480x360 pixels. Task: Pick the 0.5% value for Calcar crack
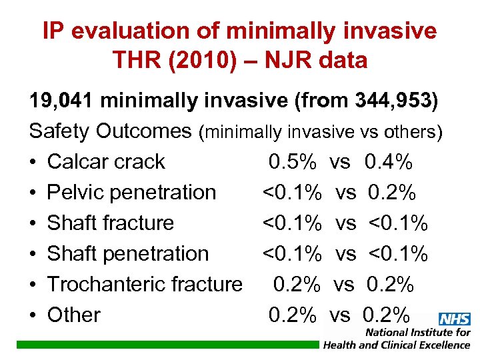tap(292, 162)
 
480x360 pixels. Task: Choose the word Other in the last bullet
tap(73, 315)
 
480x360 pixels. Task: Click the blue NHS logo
tap(455, 319)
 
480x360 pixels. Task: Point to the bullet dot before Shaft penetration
tap(33, 254)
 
